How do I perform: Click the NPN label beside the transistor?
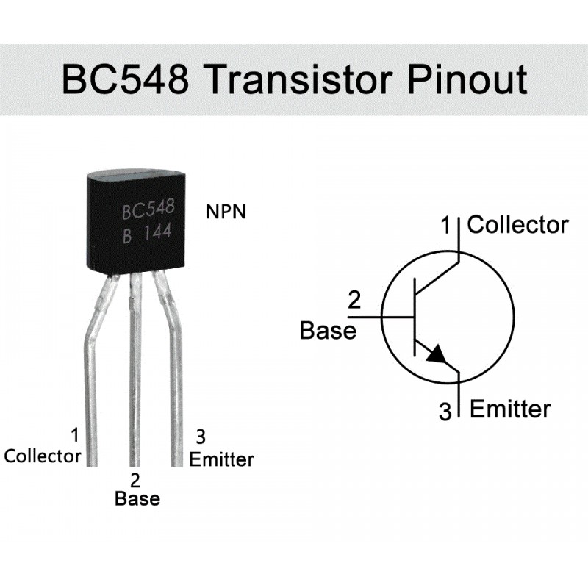click(226, 212)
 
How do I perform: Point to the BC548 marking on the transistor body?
click(148, 211)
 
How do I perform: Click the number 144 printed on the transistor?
click(157, 233)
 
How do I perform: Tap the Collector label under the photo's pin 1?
click(43, 456)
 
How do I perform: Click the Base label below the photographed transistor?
click(137, 498)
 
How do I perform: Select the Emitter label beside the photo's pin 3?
click(221, 460)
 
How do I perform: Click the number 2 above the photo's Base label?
click(135, 481)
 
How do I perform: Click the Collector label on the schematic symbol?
click(517, 225)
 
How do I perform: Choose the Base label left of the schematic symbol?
click(328, 331)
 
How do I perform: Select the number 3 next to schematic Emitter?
click(445, 411)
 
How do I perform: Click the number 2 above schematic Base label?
click(354, 301)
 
